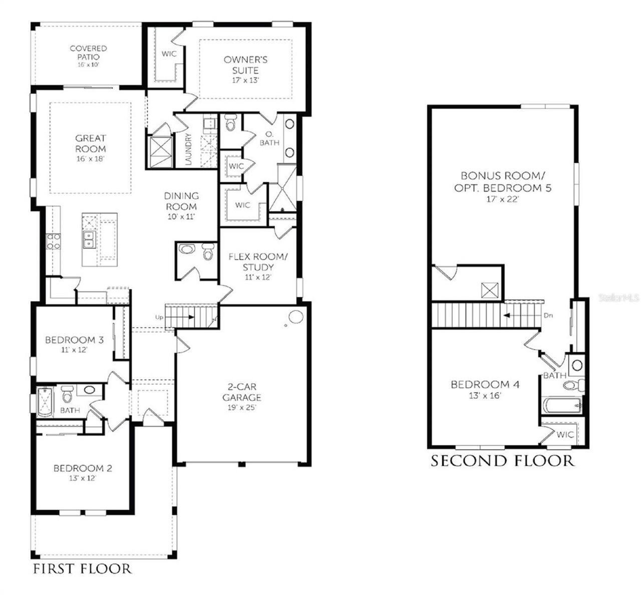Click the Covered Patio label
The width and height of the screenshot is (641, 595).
click(88, 53)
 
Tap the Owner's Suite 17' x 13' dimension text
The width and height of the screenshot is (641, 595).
click(245, 80)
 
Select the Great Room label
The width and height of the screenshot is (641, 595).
click(91, 143)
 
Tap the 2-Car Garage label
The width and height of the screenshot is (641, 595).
click(242, 392)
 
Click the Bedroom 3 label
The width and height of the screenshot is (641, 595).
click(74, 340)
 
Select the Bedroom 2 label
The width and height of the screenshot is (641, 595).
click(83, 468)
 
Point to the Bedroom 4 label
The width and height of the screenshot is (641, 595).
click(485, 385)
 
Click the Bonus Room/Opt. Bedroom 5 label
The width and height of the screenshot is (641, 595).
click(503, 182)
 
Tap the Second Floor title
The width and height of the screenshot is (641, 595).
click(503, 461)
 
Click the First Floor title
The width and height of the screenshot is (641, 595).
click(83, 568)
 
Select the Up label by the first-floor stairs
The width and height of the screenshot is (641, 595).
click(159, 318)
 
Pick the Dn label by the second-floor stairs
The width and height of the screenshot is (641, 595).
click(548, 316)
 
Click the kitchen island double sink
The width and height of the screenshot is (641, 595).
click(89, 239)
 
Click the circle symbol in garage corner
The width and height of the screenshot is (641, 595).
click(295, 317)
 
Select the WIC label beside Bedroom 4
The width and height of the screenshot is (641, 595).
click(565, 435)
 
